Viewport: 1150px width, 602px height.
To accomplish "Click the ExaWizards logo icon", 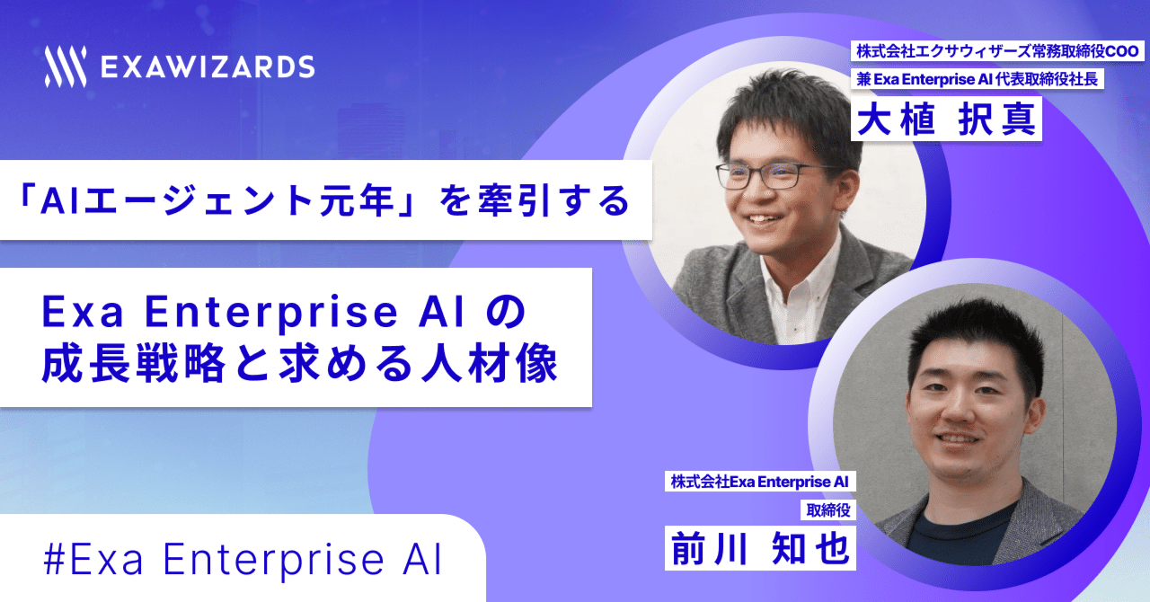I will (x=65, y=66).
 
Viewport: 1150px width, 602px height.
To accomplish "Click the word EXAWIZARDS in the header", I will (x=208, y=66).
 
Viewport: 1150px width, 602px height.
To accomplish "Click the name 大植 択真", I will (x=946, y=120).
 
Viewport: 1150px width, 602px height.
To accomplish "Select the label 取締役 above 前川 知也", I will (x=826, y=511).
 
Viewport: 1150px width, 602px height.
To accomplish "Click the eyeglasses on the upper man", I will (x=774, y=174).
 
